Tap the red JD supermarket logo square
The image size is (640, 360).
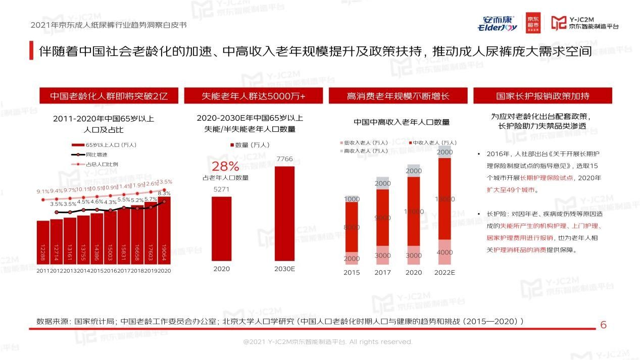coord(532,22)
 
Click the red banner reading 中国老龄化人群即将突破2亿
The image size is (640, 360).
coord(109,96)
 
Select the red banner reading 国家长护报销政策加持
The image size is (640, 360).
coord(543,96)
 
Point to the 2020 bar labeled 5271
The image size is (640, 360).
coord(221,229)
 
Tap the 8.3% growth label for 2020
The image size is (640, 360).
coord(164,193)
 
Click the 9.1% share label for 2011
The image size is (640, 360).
coord(42,191)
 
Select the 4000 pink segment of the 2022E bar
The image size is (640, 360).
coord(445,252)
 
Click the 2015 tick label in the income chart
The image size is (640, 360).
coord(352,273)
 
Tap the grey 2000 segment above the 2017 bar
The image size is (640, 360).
coord(382,183)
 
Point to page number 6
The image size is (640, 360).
coord(603,325)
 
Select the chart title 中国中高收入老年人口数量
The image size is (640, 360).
coord(401,122)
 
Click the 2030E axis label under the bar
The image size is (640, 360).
coord(284,269)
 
